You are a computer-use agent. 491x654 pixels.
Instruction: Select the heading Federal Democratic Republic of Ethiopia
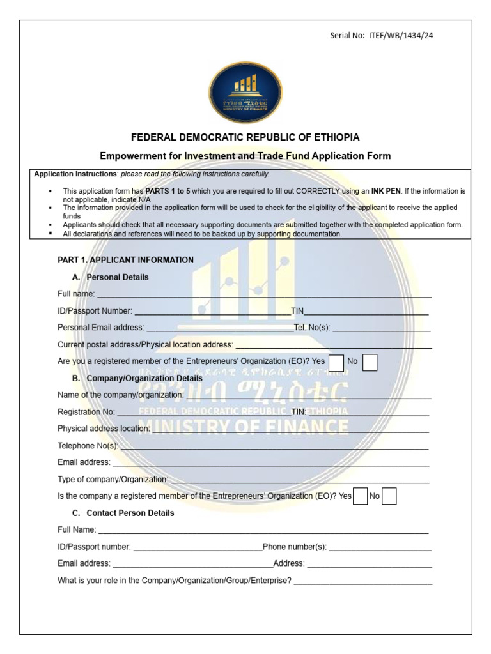tap(245, 137)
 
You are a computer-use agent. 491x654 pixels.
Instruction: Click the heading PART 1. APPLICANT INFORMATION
tap(125, 260)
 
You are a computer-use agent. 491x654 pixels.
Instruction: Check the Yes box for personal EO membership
tap(336, 362)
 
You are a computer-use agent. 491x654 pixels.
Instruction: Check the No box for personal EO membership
tap(370, 362)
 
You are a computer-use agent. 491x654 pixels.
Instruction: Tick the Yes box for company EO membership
tap(361, 496)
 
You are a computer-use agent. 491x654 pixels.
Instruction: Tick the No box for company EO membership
tap(389, 496)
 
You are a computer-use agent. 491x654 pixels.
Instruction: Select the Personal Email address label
tap(101, 328)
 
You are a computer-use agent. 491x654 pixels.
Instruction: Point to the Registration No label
tap(86, 412)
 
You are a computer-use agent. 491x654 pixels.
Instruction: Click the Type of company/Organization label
tap(113, 479)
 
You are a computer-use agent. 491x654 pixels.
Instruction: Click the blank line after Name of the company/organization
tap(307, 396)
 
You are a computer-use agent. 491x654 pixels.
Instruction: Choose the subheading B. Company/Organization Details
tap(137, 378)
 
